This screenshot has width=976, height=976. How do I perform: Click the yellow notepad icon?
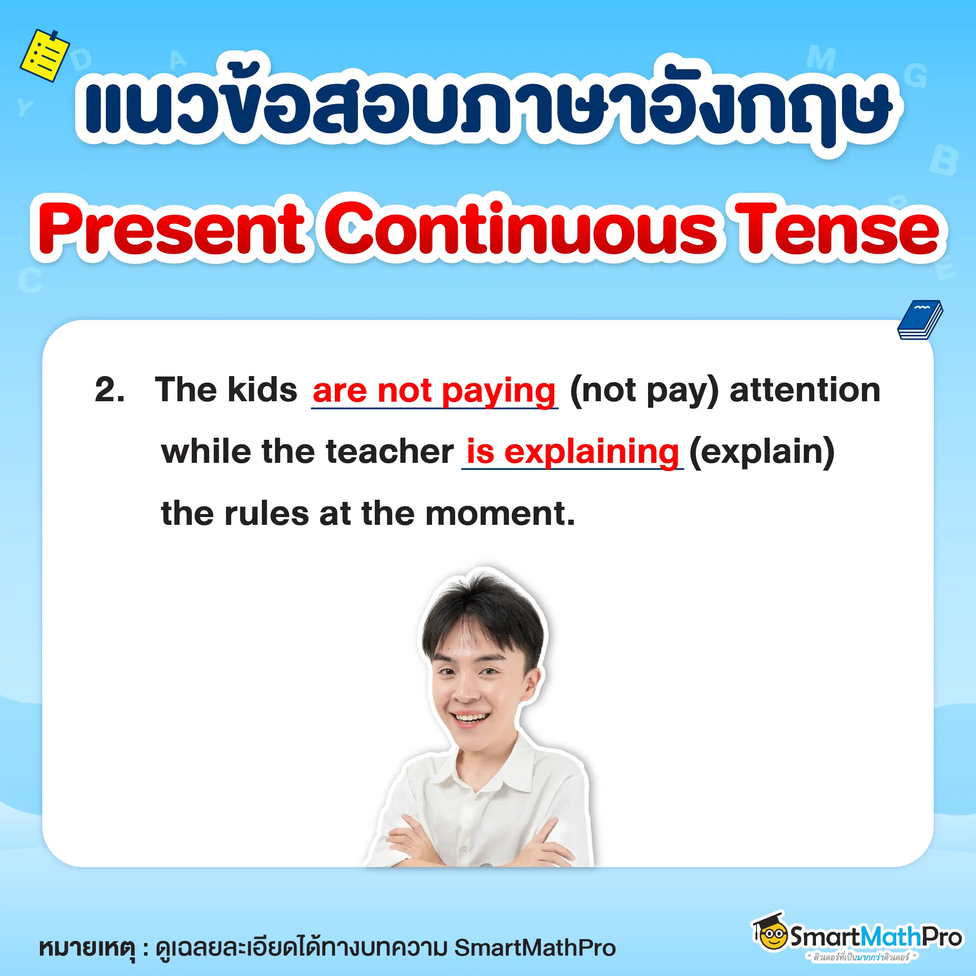pyautogui.click(x=44, y=55)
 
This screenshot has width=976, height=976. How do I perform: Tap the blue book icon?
pyautogui.click(x=920, y=320)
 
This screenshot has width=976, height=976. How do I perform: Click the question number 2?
pyautogui.click(x=109, y=390)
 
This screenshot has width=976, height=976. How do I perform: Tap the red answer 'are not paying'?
pyautogui.click(x=434, y=391)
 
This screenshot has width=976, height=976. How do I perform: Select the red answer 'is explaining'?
pyautogui.click(x=572, y=452)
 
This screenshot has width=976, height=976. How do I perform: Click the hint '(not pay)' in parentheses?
pyautogui.click(x=644, y=391)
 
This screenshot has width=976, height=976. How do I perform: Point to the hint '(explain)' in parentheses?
pyautogui.click(x=762, y=452)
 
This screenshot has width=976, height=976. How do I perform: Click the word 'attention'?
pyautogui.click(x=805, y=390)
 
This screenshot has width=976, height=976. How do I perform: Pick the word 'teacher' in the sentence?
pyautogui.click(x=390, y=452)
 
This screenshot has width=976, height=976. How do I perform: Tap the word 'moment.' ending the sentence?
pyautogui.click(x=500, y=514)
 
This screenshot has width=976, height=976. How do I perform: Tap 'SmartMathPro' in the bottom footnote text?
pyautogui.click(x=535, y=948)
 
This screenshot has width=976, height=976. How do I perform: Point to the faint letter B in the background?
pyautogui.click(x=943, y=160)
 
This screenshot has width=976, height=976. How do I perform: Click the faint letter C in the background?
pyautogui.click(x=29, y=280)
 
